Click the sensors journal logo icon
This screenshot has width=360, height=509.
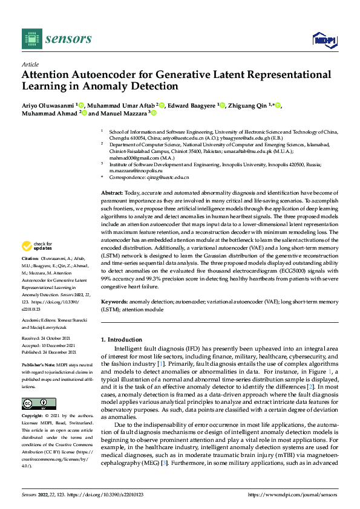point(30,39)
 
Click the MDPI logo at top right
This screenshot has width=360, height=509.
point(324,39)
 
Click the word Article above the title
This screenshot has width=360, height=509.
point(30,64)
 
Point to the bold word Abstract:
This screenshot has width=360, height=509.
point(113,192)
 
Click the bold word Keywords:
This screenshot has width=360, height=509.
point(115,300)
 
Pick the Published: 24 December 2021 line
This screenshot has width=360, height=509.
point(50,351)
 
